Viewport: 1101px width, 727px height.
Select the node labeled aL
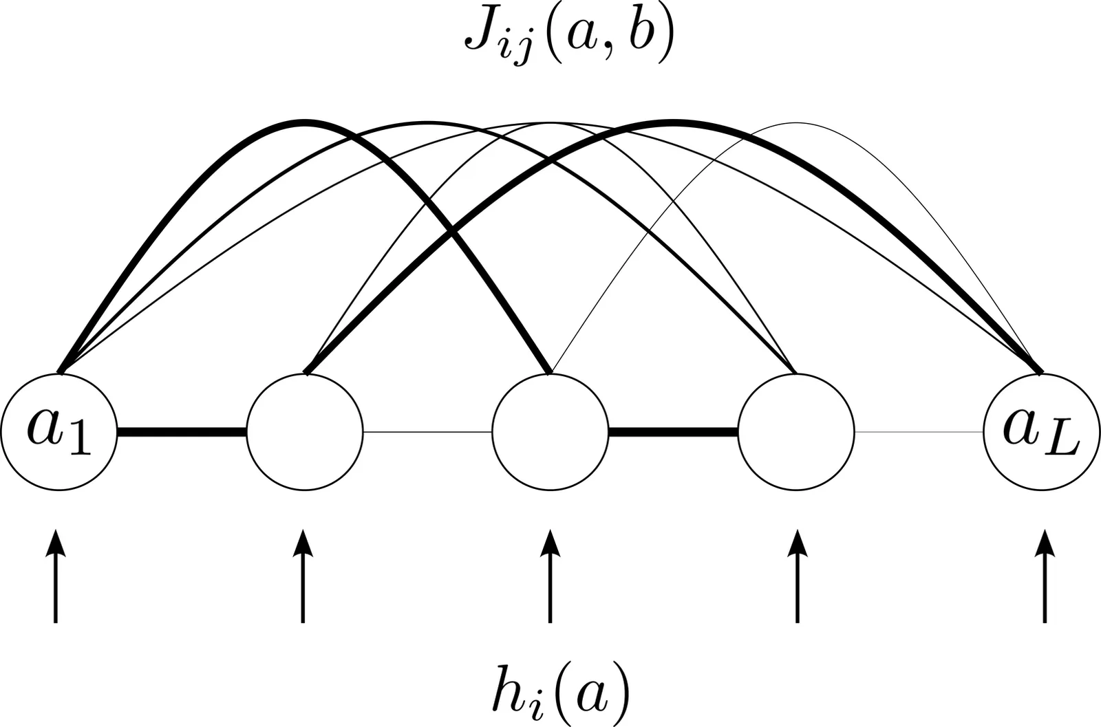point(1042,432)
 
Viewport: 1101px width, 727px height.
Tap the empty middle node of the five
point(550,432)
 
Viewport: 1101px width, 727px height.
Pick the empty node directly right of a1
point(304,432)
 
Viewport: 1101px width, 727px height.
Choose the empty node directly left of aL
point(796,432)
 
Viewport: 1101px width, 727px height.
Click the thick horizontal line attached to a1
point(182,432)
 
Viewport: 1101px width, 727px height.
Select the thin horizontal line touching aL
point(919,432)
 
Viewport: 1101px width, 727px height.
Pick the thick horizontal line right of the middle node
point(673,432)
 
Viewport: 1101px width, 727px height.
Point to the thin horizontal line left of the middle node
point(427,432)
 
